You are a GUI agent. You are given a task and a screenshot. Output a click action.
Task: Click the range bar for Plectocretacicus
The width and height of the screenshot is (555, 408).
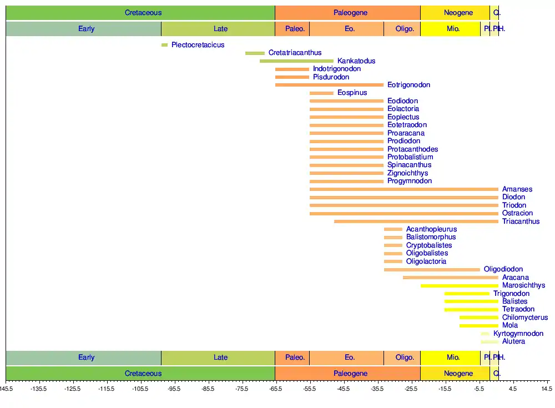pyautogui.click(x=164, y=45)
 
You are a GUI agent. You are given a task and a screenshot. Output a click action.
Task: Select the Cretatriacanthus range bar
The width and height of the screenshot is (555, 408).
pyautogui.click(x=255, y=53)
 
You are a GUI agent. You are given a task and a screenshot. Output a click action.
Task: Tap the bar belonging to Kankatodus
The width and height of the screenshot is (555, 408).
pyautogui.click(x=296, y=61)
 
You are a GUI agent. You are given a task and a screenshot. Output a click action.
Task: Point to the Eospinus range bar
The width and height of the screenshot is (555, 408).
pyautogui.click(x=321, y=93)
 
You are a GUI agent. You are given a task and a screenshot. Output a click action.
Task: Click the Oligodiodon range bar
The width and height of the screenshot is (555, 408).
pyautogui.click(x=432, y=270)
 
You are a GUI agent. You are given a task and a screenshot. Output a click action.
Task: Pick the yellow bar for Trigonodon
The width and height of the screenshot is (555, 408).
pyautogui.click(x=467, y=294)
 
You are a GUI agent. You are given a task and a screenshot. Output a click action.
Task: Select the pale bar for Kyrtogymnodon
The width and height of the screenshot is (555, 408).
pyautogui.click(x=485, y=334)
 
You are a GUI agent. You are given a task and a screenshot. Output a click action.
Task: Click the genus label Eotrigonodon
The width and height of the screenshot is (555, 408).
pyautogui.click(x=408, y=85)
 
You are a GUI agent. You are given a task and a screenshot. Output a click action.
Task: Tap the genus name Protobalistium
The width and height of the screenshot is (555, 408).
pyautogui.click(x=410, y=157)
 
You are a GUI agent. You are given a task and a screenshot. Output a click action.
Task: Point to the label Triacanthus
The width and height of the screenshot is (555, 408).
pyautogui.click(x=521, y=221)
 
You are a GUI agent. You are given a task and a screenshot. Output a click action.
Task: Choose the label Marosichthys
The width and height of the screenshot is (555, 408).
pyautogui.click(x=523, y=285)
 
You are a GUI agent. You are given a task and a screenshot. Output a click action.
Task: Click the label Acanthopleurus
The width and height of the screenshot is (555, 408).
pyautogui.click(x=431, y=229)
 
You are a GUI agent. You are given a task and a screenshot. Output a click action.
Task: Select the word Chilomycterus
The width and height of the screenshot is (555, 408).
pyautogui.click(x=524, y=318)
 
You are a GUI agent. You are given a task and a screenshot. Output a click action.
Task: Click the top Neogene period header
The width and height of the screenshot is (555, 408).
pyautogui.click(x=458, y=13)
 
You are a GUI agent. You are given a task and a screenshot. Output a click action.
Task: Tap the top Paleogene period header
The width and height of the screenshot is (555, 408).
pyautogui.click(x=350, y=13)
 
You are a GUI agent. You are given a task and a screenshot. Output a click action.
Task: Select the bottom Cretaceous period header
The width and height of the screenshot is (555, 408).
pyautogui.click(x=143, y=374)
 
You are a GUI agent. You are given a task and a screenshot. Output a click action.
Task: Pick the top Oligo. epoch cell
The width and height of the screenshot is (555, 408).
pyautogui.click(x=405, y=29)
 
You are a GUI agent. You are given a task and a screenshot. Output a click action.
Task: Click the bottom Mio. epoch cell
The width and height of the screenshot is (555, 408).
pyautogui.click(x=453, y=357)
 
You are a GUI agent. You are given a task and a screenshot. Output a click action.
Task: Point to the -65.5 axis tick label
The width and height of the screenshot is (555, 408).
pyautogui.click(x=275, y=389)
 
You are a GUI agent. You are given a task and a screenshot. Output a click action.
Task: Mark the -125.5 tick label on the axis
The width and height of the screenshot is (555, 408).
pyautogui.click(x=72, y=389)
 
